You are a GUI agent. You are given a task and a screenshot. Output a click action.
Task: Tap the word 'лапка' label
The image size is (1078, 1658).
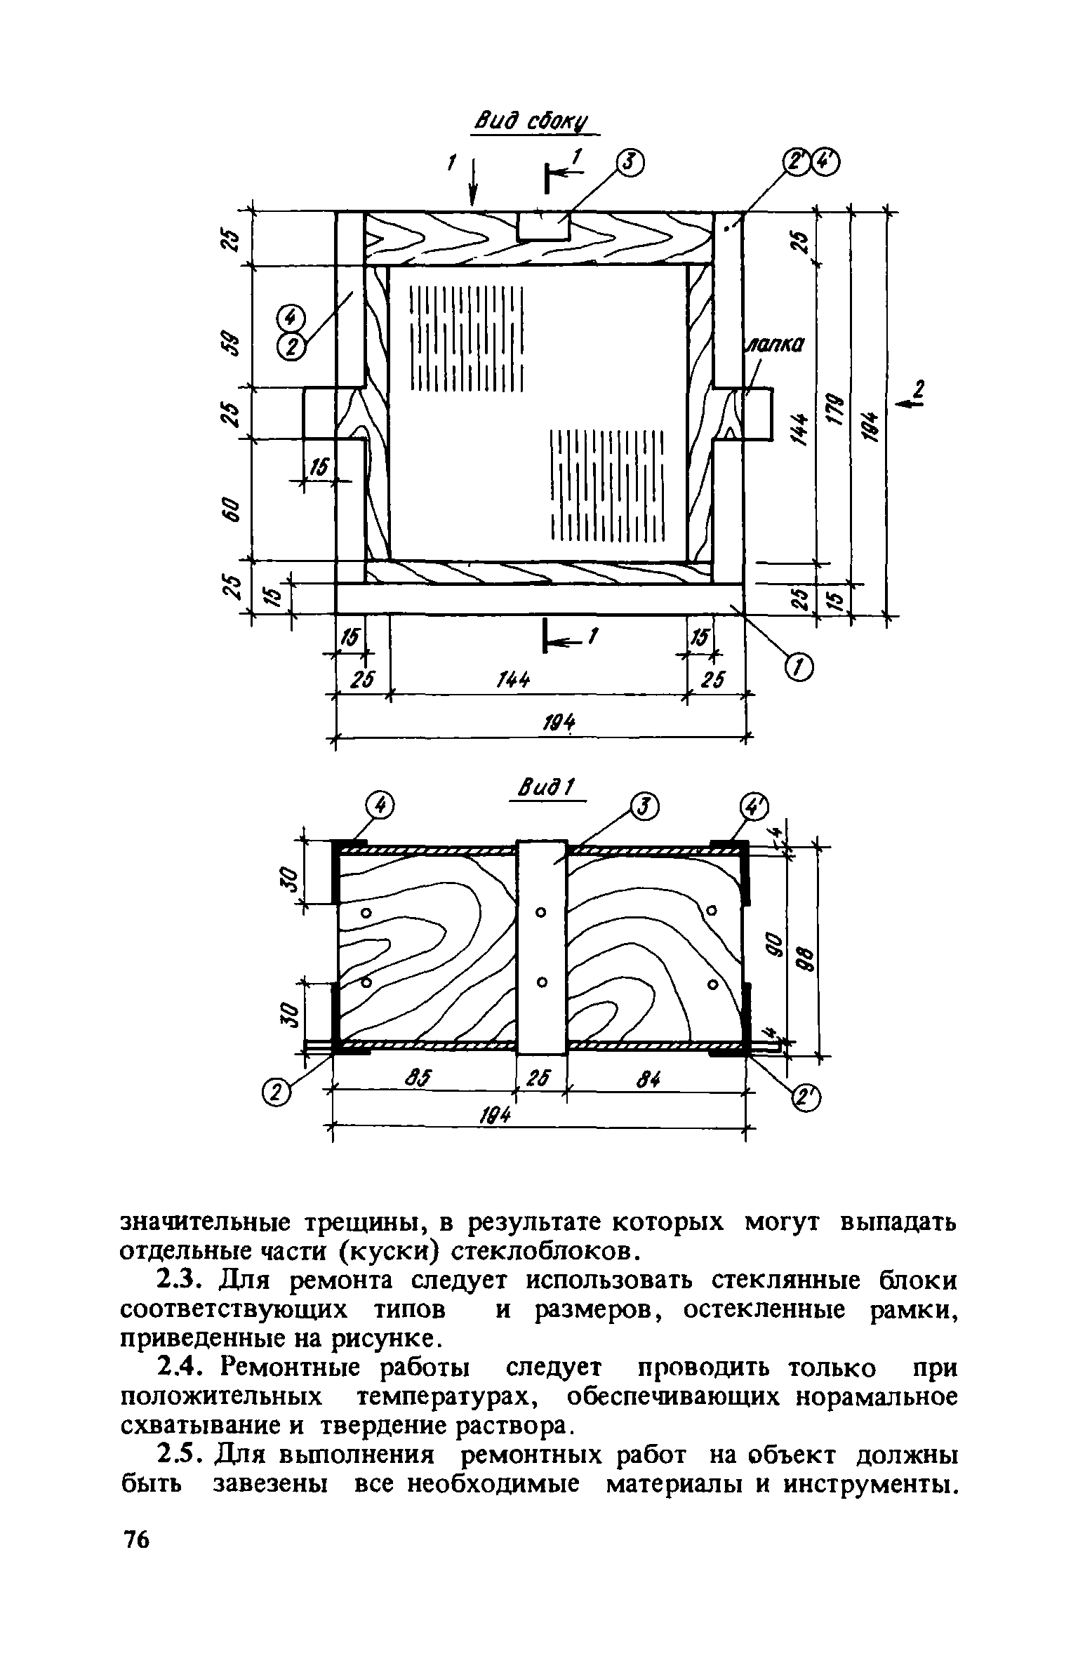click(x=773, y=345)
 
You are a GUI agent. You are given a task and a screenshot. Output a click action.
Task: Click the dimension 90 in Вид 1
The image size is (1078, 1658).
click(x=773, y=944)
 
